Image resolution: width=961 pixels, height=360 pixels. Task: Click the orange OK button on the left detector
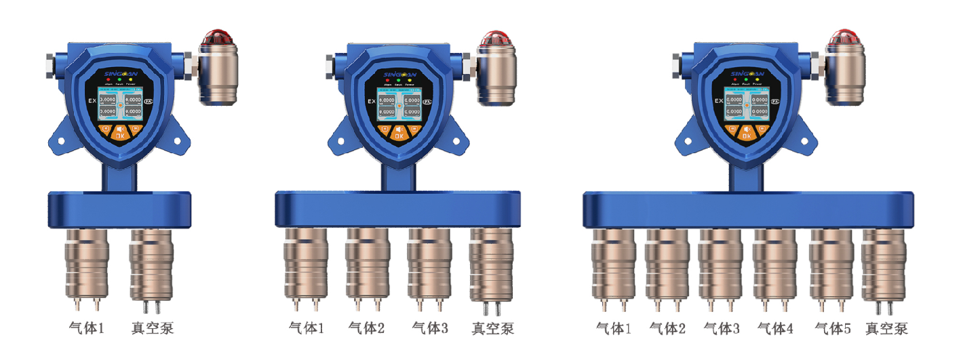pos(120,133)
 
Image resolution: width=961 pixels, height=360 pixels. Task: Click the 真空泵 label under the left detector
pos(152,329)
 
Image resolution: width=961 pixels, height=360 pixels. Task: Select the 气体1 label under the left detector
pos(87,329)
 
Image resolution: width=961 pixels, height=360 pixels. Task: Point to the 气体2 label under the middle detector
pos(367,329)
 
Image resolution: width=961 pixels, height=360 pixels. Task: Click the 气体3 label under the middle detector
pos(430,329)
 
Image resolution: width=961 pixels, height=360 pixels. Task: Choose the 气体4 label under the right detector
pos(775,329)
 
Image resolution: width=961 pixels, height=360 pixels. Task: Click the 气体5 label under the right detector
pos(832,329)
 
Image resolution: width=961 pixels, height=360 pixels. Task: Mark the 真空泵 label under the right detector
pos(886,329)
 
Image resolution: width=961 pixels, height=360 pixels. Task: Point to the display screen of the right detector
pos(746,104)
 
